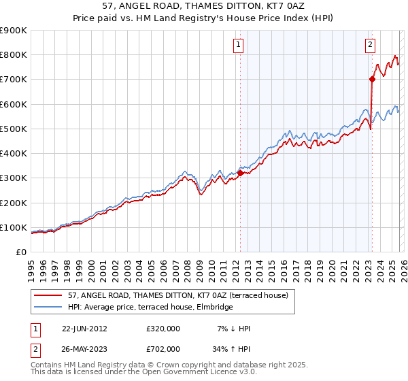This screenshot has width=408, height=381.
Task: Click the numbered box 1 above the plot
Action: pyautogui.click(x=239, y=46)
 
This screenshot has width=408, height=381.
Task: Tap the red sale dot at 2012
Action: pyautogui.click(x=240, y=173)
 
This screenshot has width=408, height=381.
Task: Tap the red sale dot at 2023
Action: pyautogui.click(x=372, y=79)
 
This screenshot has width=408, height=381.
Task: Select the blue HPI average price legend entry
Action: pyautogui.click(x=150, y=308)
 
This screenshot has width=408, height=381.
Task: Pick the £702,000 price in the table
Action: pyautogui.click(x=163, y=349)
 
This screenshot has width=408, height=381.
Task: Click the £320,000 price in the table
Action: pyautogui.click(x=163, y=329)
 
